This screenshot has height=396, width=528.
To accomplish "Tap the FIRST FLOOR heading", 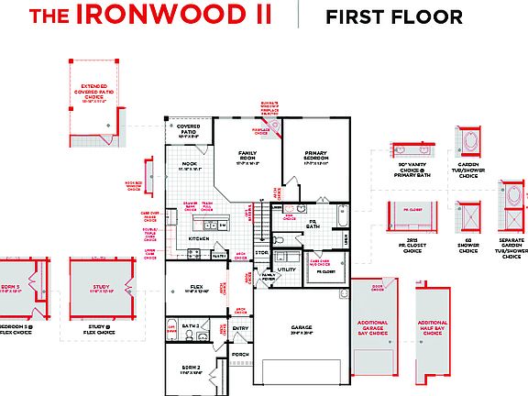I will [394, 16].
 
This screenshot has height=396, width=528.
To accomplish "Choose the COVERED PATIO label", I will [189, 130].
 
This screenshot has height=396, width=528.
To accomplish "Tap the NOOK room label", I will [190, 165].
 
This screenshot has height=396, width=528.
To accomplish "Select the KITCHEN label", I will [200, 238].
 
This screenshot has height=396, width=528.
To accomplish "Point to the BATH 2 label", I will [191, 325].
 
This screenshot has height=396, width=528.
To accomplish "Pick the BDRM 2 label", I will [190, 368].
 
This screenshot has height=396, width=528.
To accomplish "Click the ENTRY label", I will [241, 327].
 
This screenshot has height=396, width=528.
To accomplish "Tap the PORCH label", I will [241, 354].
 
